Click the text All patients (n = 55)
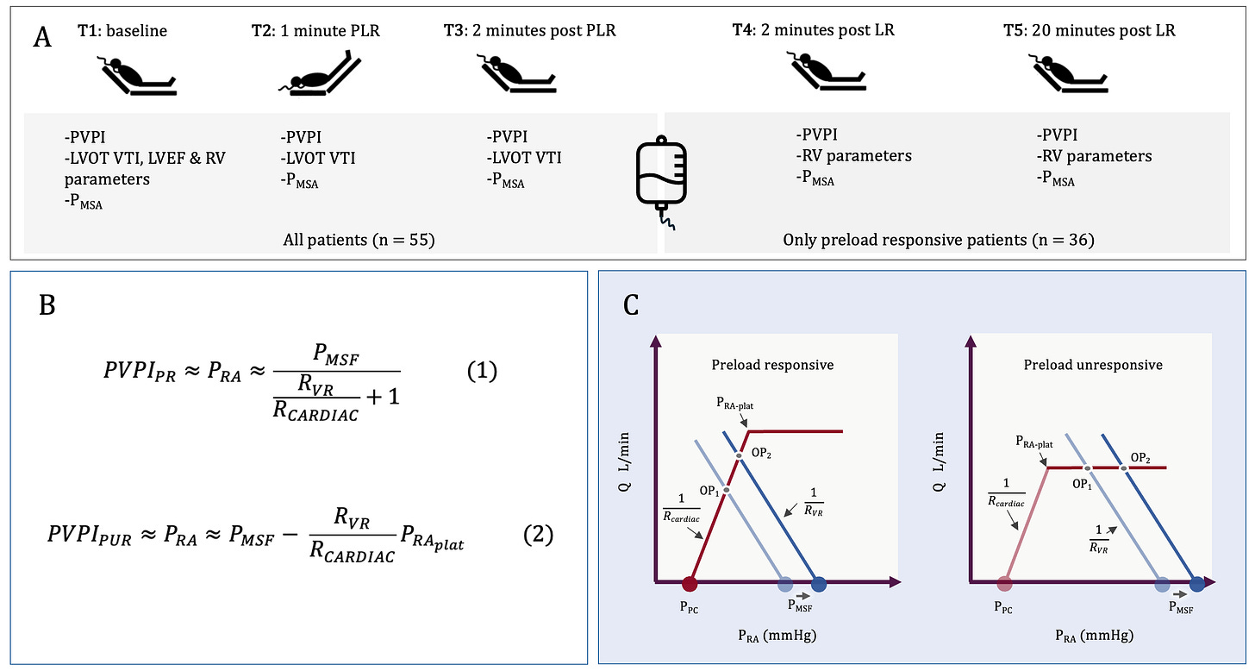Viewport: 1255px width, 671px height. (359, 240)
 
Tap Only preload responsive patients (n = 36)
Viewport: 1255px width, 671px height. (939, 240)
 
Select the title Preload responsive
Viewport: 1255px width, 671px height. (772, 365)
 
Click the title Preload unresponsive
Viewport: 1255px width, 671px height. (1093, 365)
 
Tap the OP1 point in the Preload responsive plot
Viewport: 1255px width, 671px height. (726, 490)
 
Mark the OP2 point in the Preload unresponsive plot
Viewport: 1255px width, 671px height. (1124, 467)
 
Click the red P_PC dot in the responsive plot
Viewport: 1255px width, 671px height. (689, 584)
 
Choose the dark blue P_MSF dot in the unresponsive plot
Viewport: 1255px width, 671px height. (1197, 585)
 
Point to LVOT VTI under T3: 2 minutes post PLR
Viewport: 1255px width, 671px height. (528, 157)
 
